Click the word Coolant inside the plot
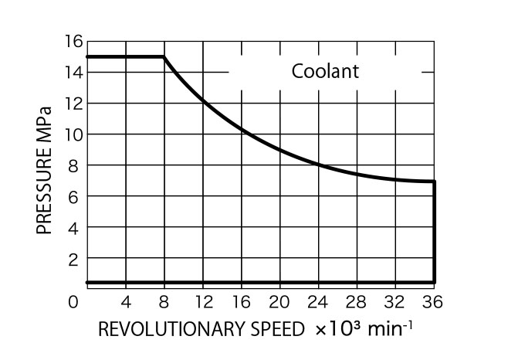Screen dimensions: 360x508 (x=325, y=72)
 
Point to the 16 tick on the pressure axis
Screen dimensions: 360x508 (x=73, y=42)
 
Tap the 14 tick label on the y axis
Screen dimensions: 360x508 (x=73, y=73)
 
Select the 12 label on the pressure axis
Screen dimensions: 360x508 (x=73, y=104)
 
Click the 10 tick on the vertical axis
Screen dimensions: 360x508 (x=73, y=134)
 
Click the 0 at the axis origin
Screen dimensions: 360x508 (x=73, y=302)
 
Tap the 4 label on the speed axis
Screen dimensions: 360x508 (x=126, y=302)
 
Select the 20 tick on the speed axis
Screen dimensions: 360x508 (x=279, y=302)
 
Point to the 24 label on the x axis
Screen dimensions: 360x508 (x=318, y=302)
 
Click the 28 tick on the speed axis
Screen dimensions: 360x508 (x=357, y=302)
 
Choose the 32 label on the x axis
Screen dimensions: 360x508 (x=395, y=302)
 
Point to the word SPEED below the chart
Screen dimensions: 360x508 (x=280, y=330)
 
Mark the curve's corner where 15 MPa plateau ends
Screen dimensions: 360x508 (x=164, y=56)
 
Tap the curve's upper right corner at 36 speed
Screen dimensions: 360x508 (x=435, y=182)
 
